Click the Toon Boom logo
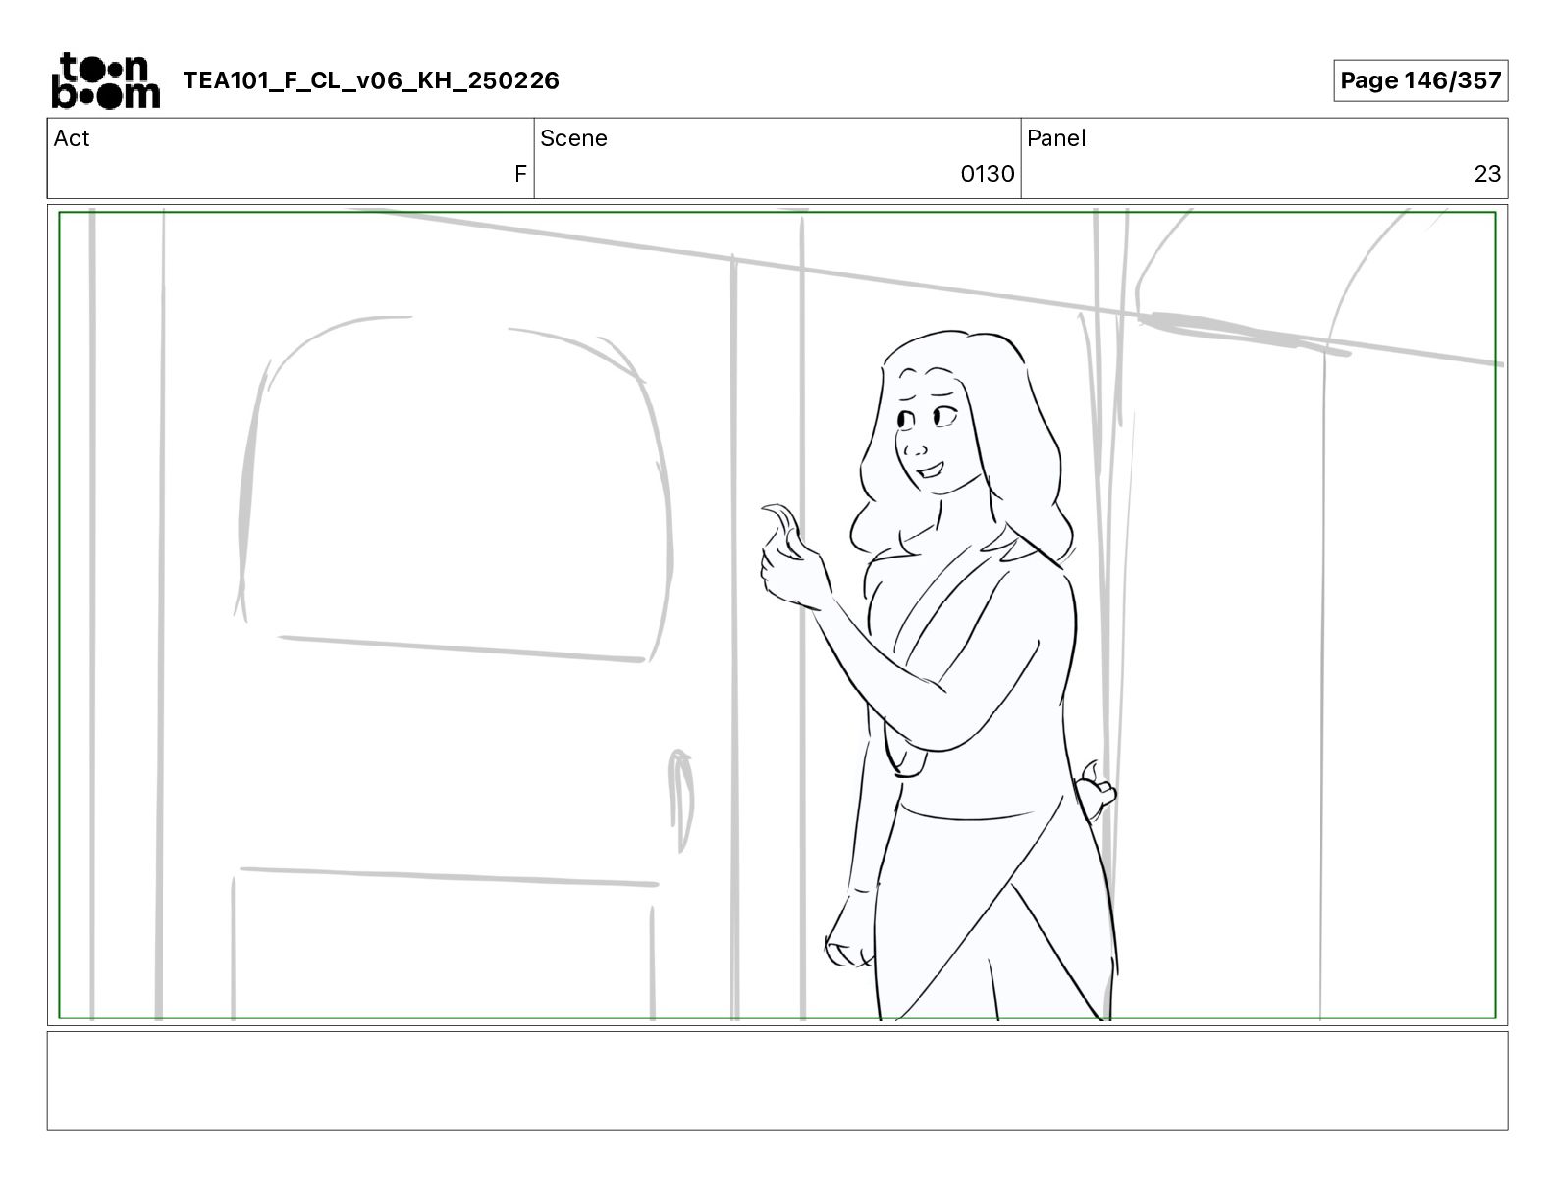(x=106, y=80)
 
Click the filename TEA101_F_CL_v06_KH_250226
(x=371, y=80)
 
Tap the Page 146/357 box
(x=1421, y=80)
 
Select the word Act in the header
(x=72, y=138)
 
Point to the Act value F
(x=520, y=173)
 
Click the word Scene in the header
(x=573, y=138)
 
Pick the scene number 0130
(x=988, y=173)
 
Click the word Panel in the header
(x=1056, y=138)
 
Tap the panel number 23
(x=1487, y=173)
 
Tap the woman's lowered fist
(x=850, y=932)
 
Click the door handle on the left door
(x=680, y=800)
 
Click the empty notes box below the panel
(x=777, y=1081)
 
